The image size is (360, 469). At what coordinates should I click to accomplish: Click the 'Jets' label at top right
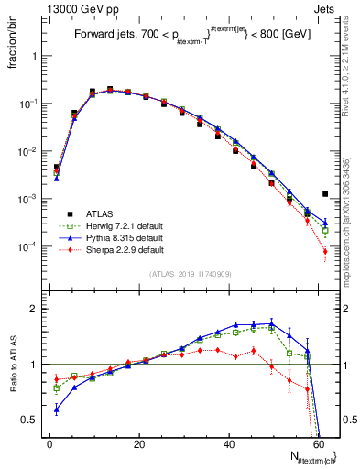[x=325, y=8]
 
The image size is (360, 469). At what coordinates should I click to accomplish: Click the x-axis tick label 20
[x=138, y=444]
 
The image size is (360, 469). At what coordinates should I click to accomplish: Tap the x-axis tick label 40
[x=229, y=444]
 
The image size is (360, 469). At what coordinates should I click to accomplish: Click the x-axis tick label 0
[x=49, y=444]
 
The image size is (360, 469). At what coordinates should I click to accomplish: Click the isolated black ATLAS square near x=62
[x=325, y=194]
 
